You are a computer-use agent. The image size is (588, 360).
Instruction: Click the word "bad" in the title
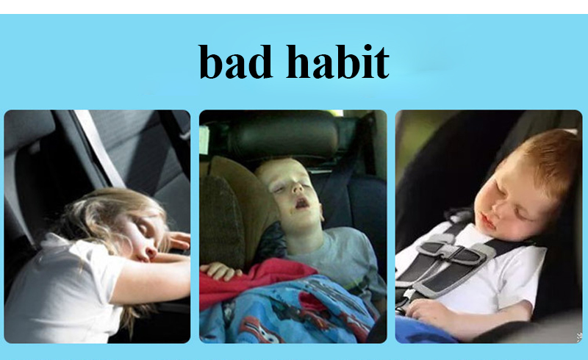[x=235, y=62]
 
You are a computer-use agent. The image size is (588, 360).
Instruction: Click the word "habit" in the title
[x=337, y=61]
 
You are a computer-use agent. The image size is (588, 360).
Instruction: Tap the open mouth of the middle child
[x=302, y=204]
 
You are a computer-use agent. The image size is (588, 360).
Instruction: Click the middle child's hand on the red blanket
[x=222, y=271]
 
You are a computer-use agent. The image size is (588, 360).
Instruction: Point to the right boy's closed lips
[x=487, y=223]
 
